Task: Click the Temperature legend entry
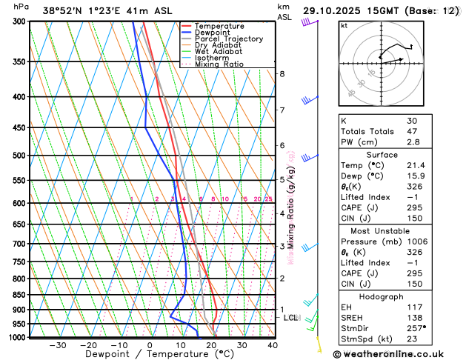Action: (x=220, y=26)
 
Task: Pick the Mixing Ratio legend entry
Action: (x=219, y=64)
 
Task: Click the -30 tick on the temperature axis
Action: (x=58, y=344)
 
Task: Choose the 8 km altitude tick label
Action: (x=282, y=74)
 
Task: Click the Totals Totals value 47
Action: (x=412, y=131)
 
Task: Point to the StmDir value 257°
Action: (x=416, y=327)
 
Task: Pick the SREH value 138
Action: (x=415, y=316)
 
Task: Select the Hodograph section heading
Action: (x=397, y=296)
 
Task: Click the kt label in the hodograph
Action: (x=344, y=26)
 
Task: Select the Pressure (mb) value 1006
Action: (x=417, y=241)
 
